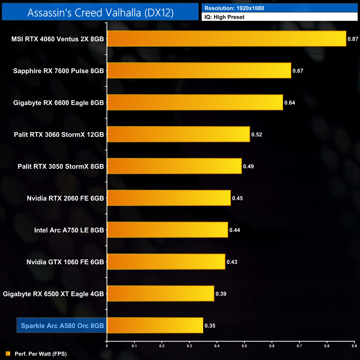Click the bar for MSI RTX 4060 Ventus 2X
(227, 38)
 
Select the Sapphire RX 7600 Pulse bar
(199, 71)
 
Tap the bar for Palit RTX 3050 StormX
(174, 166)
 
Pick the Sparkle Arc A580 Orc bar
(155, 325)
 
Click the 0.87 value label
(353, 39)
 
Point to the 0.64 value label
(290, 103)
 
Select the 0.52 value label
(257, 135)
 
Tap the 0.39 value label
(221, 294)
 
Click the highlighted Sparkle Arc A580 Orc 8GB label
(62, 326)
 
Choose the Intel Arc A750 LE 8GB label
(69, 230)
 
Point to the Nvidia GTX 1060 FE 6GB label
(65, 262)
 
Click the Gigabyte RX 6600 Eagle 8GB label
(58, 103)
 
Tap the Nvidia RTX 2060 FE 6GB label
(65, 198)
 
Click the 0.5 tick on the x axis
(244, 346)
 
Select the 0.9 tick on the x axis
(354, 346)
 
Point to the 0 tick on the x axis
(107, 346)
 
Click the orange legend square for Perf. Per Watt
(8, 354)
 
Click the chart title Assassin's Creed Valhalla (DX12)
(100, 13)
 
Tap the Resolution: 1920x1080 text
(234, 8)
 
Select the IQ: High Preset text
(224, 17)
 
